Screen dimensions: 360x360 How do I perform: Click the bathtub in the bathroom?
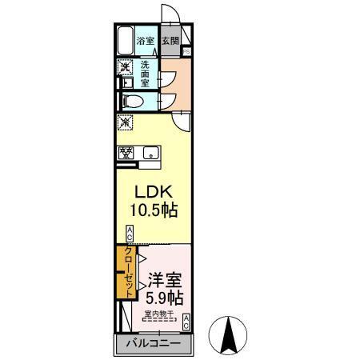pos(125,41)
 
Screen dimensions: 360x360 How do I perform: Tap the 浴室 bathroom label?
pos(145,41)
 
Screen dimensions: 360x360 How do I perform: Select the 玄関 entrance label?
pos(170,41)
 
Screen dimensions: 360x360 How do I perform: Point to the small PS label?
pos(186,53)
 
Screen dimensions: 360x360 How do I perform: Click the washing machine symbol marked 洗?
pos(125,67)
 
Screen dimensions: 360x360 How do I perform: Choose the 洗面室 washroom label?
pos(146,74)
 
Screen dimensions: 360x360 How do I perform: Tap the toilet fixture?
pos(133,101)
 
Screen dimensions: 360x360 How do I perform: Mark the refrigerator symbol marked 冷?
pos(125,123)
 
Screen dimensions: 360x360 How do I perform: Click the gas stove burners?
pos(126,153)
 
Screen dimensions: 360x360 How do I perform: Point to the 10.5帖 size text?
pos(154,211)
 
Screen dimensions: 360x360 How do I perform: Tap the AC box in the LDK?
pos(129,234)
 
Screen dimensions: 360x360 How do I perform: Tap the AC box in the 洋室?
pos(186,322)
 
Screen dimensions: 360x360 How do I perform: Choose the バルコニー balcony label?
pos(156,344)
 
